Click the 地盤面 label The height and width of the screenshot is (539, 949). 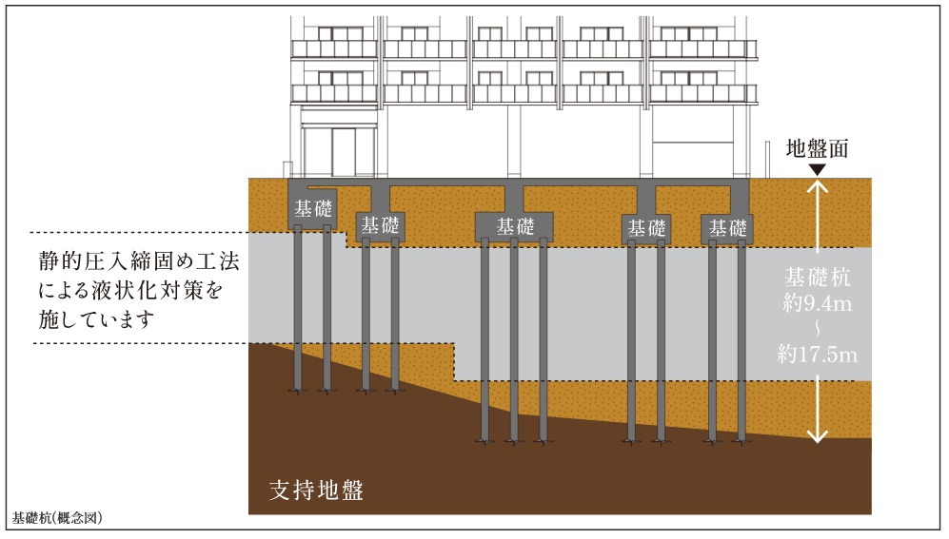tap(816, 148)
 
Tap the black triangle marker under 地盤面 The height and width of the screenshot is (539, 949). tap(816, 169)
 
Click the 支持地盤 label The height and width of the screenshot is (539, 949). tap(317, 491)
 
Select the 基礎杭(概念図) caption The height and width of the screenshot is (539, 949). tap(57, 519)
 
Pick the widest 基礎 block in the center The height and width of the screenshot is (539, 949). tap(515, 226)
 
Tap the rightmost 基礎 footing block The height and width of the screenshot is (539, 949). tap(726, 228)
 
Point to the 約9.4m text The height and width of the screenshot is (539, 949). tap(817, 305)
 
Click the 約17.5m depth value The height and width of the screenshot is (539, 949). tap(817, 356)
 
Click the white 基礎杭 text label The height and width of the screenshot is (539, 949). tap(817, 279)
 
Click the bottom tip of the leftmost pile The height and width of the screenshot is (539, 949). tap(299, 390)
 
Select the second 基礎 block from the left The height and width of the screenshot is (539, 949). tap(382, 226)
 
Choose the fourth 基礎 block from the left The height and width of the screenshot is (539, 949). tap(647, 228)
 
